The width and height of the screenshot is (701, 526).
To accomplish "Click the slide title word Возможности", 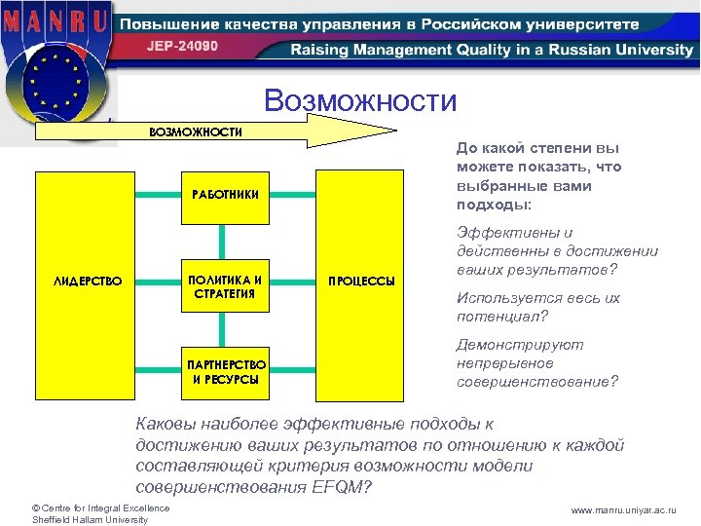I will point(360,100).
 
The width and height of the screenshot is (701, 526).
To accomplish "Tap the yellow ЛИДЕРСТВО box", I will point(87,282).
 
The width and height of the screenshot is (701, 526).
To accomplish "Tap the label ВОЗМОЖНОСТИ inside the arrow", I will point(195,131).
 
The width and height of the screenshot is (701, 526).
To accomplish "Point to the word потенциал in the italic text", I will point(495,317).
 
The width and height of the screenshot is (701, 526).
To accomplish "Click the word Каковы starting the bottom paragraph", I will point(166,424).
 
